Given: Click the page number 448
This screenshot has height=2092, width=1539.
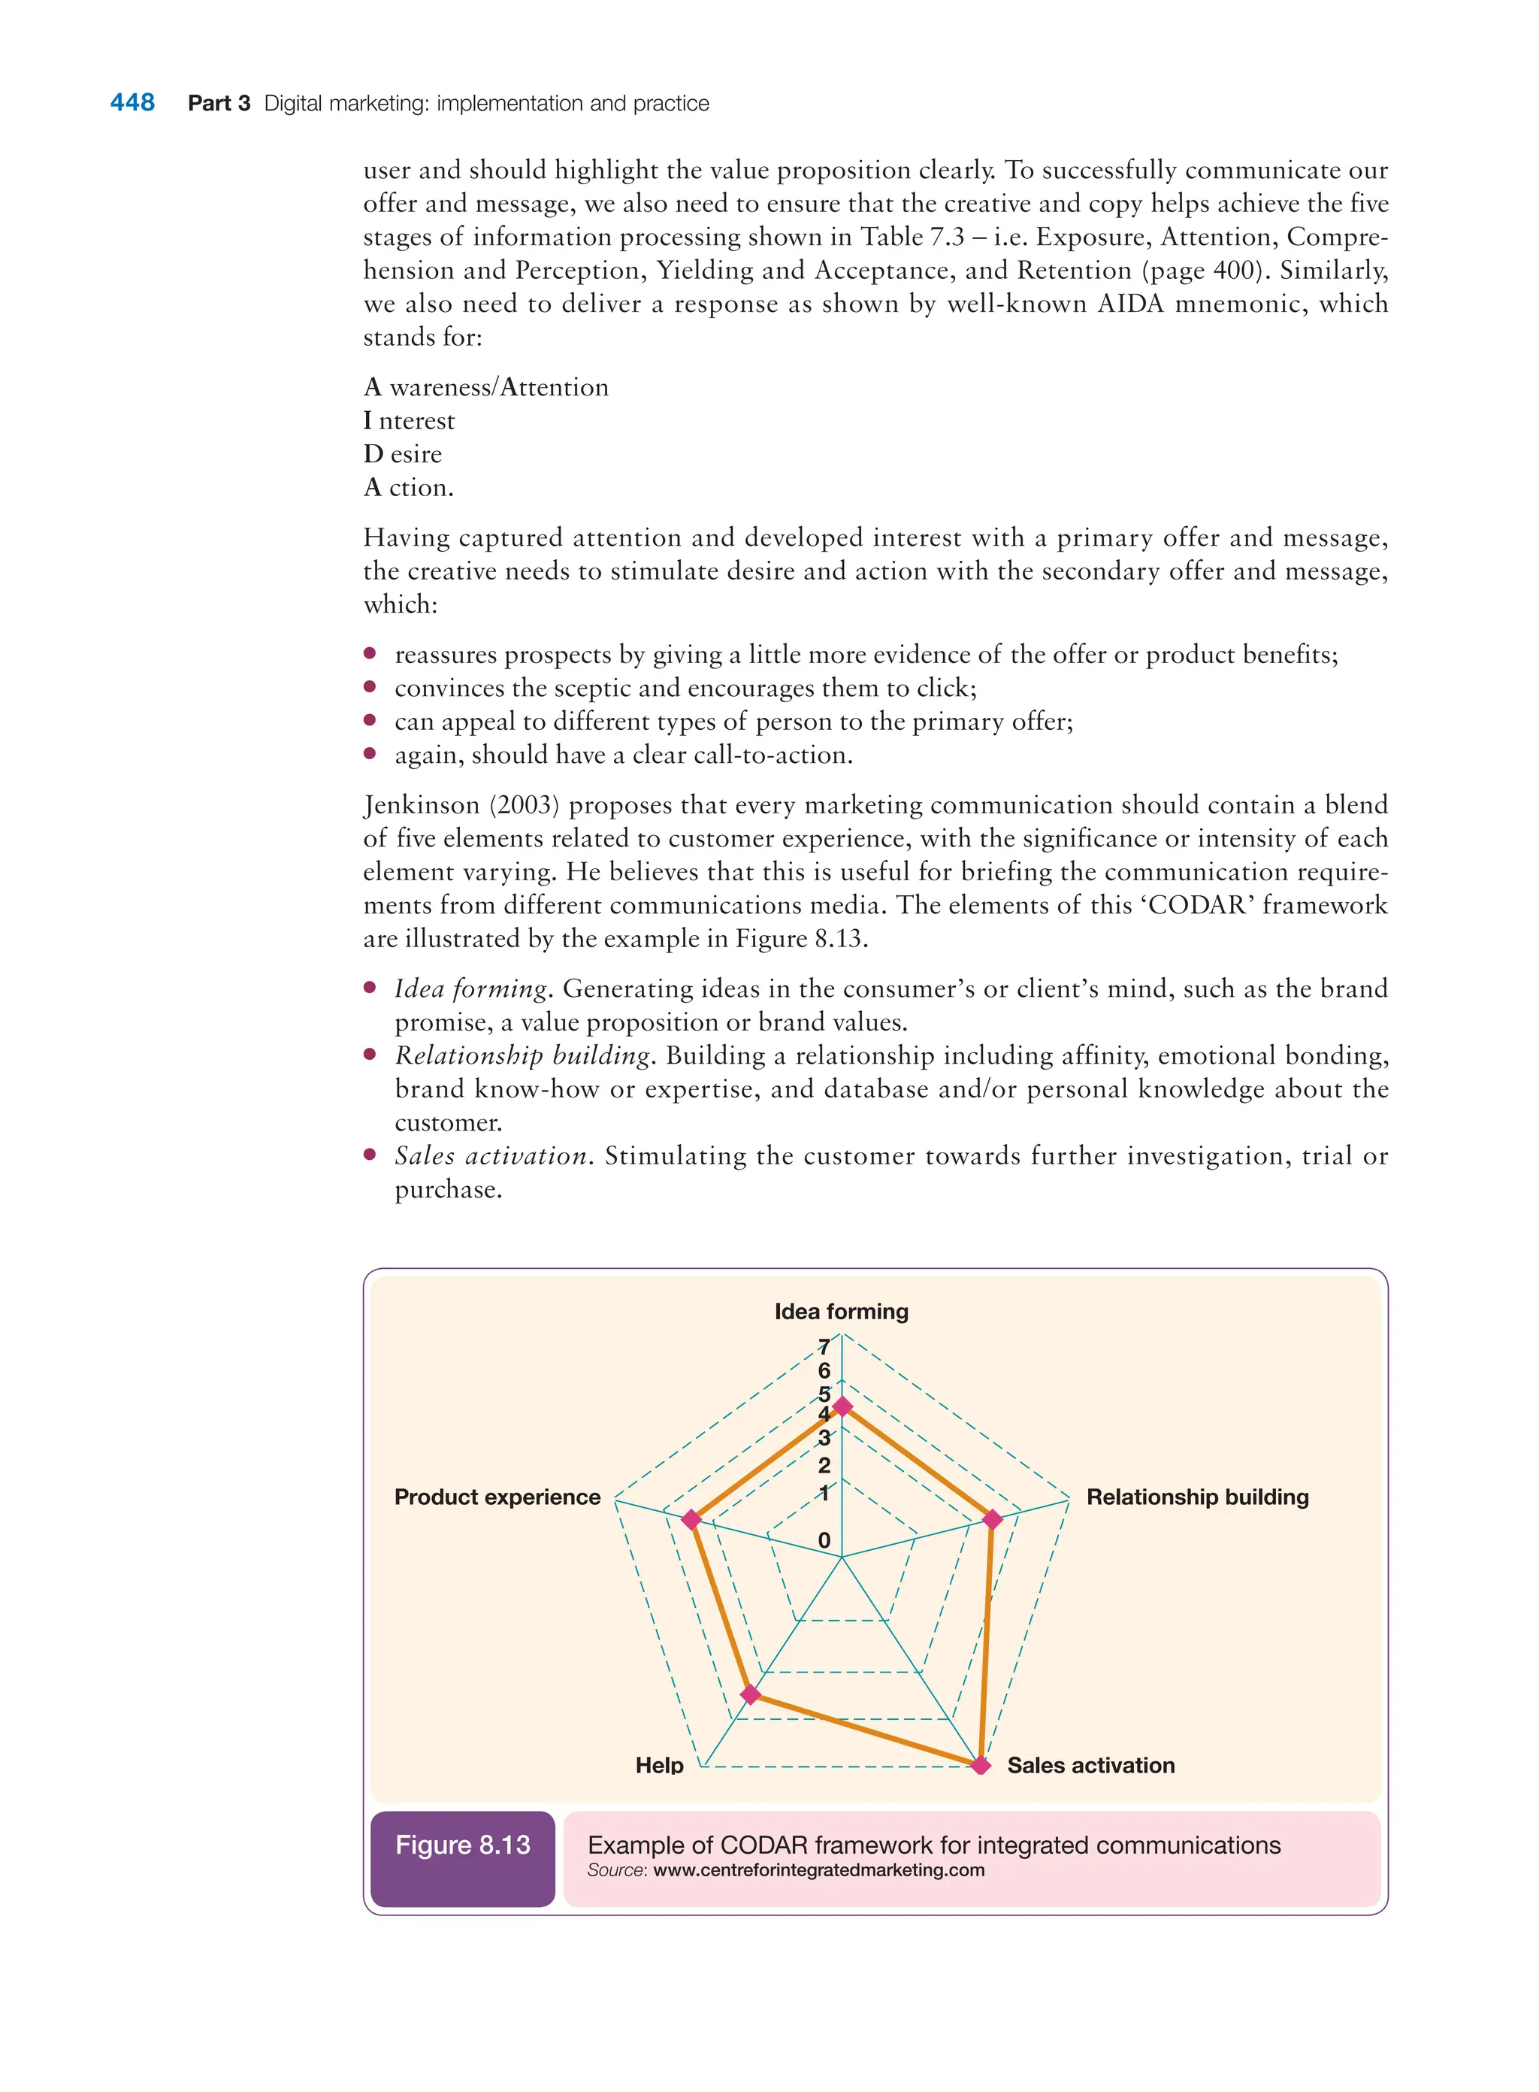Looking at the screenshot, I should click(132, 102).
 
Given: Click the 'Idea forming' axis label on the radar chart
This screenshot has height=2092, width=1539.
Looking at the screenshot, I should click(841, 1311).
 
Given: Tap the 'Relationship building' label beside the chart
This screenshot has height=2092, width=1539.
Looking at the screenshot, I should click(1197, 1497).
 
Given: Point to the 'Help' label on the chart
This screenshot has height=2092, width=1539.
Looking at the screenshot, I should click(660, 1765).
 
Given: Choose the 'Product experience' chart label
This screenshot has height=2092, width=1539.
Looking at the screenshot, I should click(497, 1497).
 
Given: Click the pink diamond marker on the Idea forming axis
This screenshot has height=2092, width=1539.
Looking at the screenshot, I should click(842, 1407).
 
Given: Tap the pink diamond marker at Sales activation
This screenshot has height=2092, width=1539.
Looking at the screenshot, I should click(980, 1764).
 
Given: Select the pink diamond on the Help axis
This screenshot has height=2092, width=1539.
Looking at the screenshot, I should click(750, 1694).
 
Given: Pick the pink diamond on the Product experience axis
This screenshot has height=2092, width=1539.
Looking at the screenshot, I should click(691, 1519).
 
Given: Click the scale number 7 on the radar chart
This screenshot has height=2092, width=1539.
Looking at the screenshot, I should click(824, 1346).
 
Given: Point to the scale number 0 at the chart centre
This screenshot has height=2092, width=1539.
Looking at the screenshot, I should click(824, 1540).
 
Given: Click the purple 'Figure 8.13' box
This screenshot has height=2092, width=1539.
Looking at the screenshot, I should click(462, 1845).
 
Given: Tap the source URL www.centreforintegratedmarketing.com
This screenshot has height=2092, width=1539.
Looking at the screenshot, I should click(819, 1870).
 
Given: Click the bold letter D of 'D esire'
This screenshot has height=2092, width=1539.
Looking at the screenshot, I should click(373, 454).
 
